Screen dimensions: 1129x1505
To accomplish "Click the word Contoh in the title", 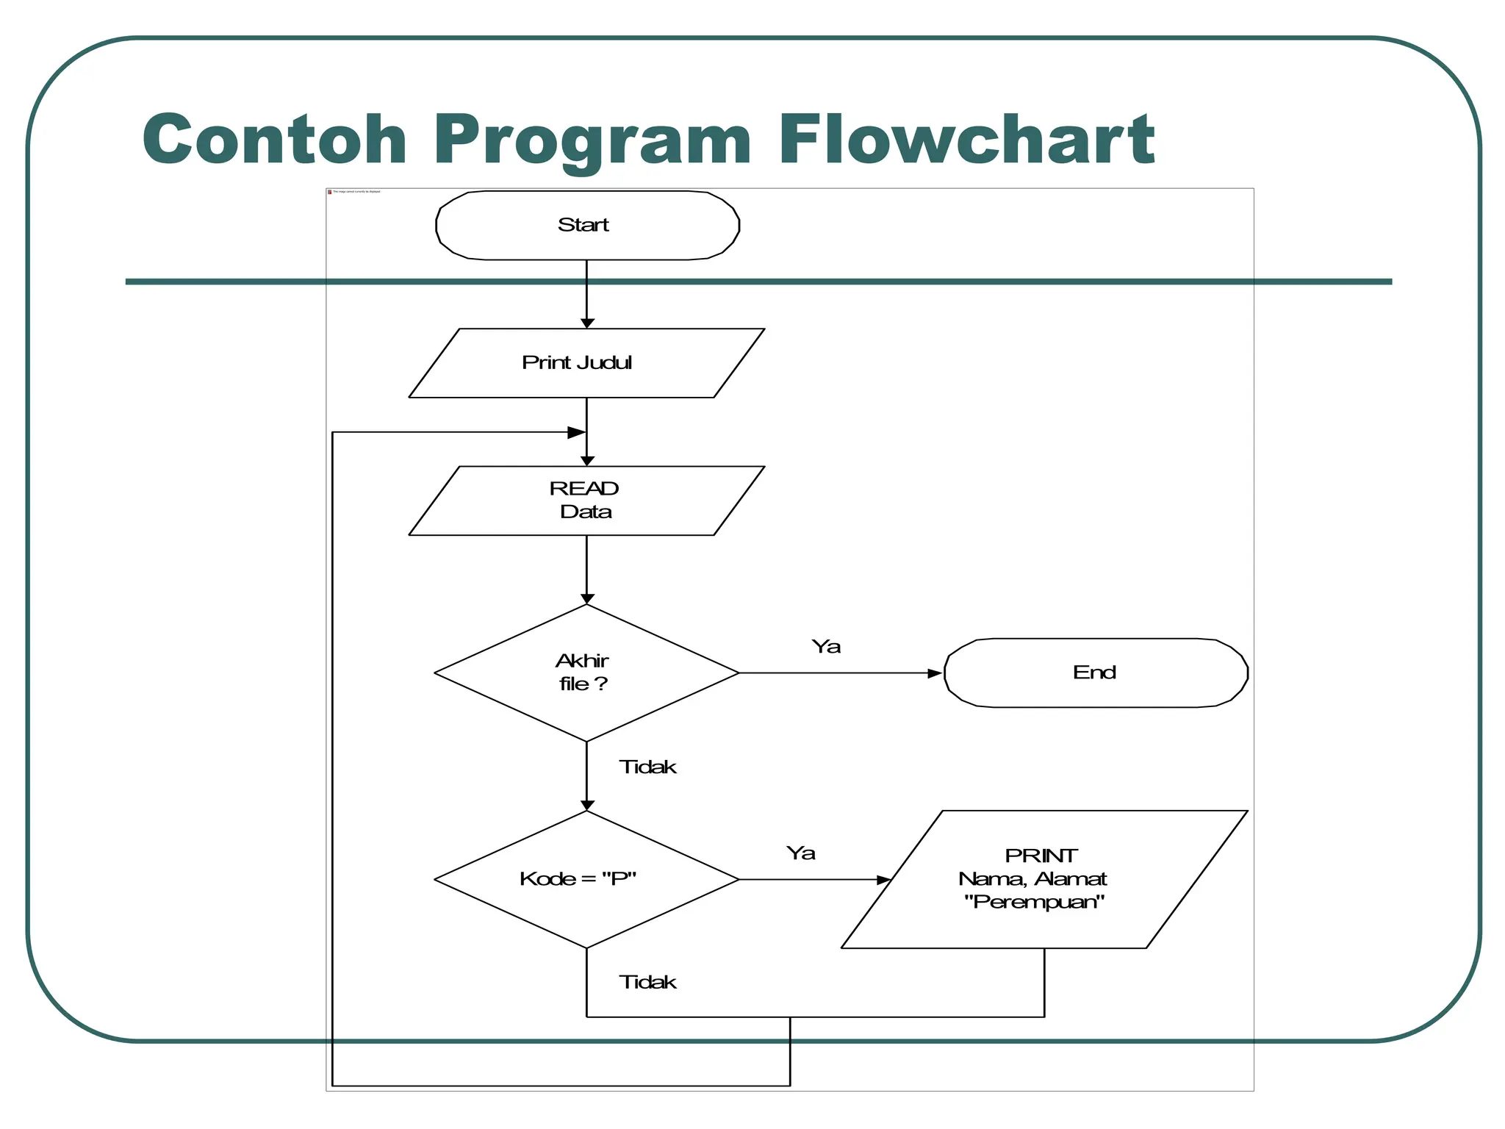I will coord(275,140).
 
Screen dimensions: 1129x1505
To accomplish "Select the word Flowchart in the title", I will coord(966,140).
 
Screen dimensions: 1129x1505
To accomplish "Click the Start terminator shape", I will coord(586,225).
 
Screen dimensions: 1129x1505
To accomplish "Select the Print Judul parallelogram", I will coord(586,363).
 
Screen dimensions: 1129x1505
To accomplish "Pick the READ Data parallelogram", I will coord(586,501).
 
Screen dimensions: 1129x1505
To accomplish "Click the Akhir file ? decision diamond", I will coord(586,672).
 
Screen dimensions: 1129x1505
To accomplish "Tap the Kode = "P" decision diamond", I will coord(586,879).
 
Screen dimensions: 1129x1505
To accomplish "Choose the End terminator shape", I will coord(1095,673).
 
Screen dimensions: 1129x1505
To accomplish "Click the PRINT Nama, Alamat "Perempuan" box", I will coord(1044,879).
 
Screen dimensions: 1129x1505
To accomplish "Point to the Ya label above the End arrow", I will coord(826,647).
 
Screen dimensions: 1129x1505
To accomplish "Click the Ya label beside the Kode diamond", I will coord(800,853).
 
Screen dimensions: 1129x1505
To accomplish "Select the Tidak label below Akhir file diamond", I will coord(647,767).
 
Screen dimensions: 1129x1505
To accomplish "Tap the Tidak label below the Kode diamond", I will coord(647,983).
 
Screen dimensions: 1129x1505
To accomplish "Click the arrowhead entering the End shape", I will coord(935,673).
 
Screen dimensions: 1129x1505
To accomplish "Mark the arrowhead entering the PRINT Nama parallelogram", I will coord(884,879).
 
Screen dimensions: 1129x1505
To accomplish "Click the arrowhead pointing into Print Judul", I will coord(586,323).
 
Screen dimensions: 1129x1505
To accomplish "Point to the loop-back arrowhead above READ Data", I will coord(577,432).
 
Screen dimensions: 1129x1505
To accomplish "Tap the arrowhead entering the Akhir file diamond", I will coord(586,599).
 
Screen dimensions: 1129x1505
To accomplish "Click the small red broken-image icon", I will coord(330,192).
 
